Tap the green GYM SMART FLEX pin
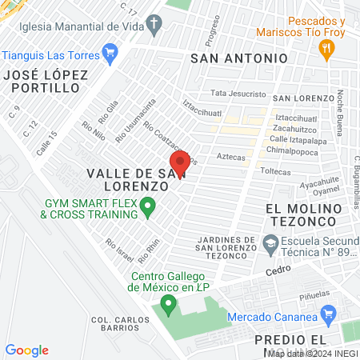tap(147, 208)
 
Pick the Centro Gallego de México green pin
tap(168, 304)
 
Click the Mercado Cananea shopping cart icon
tap(326, 315)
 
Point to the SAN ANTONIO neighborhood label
tap(239, 58)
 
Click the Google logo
tap(26, 350)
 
